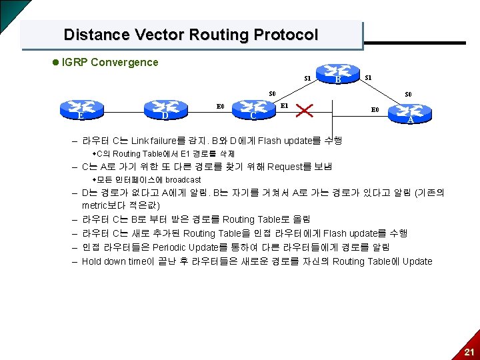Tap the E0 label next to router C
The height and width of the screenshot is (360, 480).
click(x=220, y=105)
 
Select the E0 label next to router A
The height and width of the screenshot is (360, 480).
click(x=375, y=109)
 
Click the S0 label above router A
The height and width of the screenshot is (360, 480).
click(x=408, y=94)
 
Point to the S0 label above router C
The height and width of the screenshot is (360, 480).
click(x=273, y=93)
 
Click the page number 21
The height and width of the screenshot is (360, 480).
click(x=469, y=352)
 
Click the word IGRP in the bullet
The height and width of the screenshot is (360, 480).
click(x=74, y=63)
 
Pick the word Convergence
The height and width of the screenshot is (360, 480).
click(x=125, y=63)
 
